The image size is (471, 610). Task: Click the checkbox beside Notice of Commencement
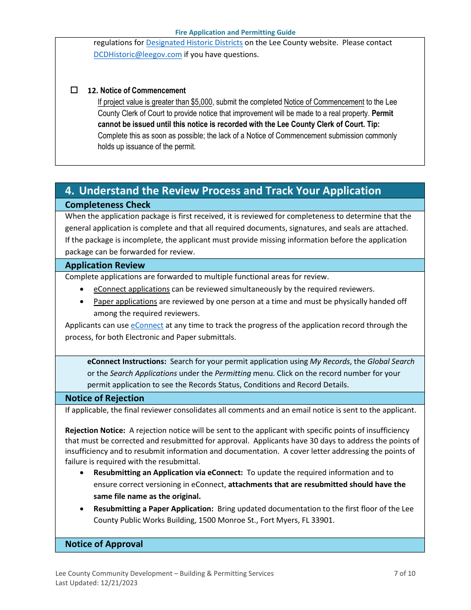[74, 90]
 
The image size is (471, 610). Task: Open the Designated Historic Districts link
[194, 43]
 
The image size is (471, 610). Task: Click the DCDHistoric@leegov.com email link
[137, 55]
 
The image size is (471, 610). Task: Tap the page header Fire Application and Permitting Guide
[235, 32]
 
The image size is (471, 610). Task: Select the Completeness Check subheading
[108, 205]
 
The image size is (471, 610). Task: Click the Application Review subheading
[105, 265]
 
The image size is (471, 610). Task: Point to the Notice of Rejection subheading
[105, 398]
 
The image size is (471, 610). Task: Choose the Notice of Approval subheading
[104, 544]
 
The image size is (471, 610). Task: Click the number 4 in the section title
[69, 191]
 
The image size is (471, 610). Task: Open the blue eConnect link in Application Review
[147, 325]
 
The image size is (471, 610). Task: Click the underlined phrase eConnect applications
[131, 289]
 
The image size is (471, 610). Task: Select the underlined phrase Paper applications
[125, 302]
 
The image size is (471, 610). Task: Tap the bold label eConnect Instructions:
[126, 362]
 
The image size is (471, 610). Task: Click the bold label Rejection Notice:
[95, 430]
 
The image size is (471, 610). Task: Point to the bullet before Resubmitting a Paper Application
[82, 509]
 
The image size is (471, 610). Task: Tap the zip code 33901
[323, 520]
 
